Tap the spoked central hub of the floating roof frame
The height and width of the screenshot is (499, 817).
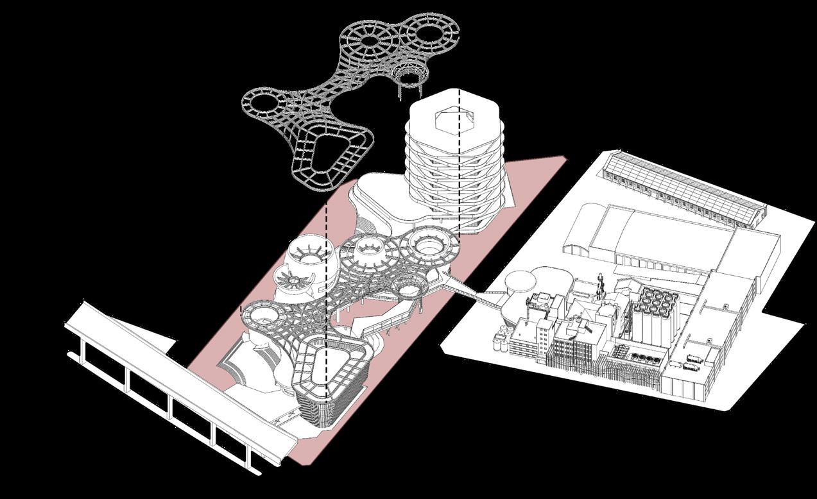point(370,40)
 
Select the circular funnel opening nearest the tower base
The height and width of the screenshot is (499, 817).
point(431,243)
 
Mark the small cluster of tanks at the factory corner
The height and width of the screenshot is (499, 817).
point(502,338)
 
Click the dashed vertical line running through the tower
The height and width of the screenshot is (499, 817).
point(460,160)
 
